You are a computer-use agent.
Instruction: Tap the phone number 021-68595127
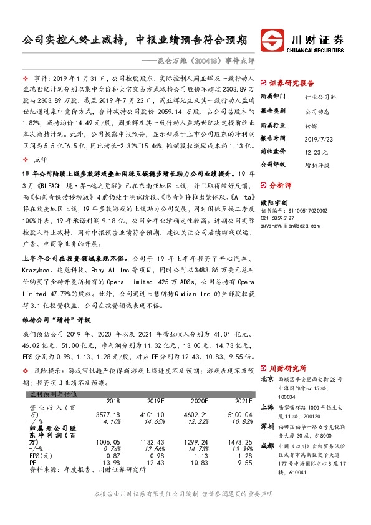click(x=278, y=218)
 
